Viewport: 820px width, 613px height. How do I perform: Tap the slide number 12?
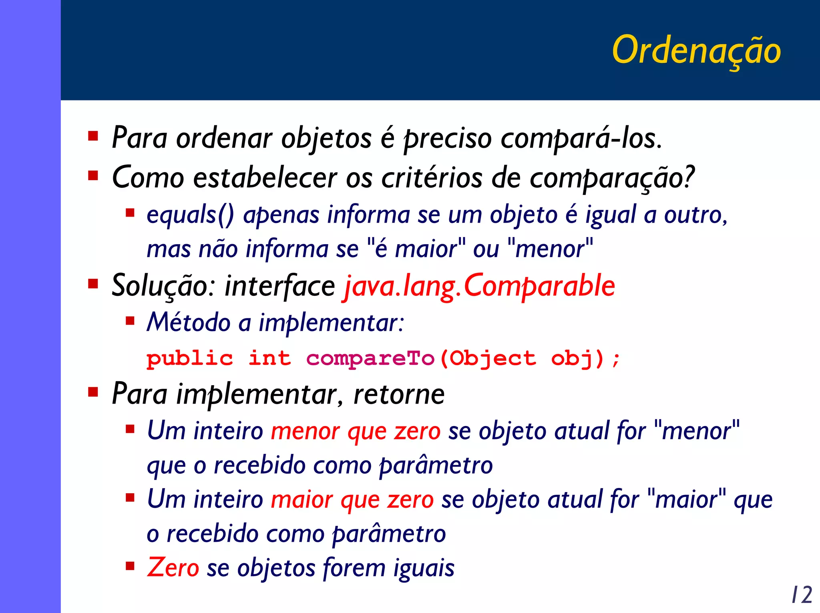coord(802,595)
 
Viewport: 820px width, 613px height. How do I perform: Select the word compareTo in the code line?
coord(370,358)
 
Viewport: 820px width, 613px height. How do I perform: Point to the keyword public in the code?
coord(189,358)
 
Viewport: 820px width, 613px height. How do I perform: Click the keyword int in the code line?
coord(269,358)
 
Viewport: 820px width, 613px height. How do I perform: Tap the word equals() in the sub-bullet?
coord(190,215)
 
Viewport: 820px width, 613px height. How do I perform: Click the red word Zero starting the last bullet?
coord(173,568)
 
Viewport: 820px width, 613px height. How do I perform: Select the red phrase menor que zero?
coord(356,432)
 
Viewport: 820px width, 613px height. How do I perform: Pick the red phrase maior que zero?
coord(352,500)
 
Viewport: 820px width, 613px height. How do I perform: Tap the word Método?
coord(188,322)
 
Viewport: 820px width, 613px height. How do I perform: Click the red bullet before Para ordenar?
coord(93,136)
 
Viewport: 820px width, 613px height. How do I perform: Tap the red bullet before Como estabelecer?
coord(93,175)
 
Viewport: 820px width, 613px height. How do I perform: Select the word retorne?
coord(399,394)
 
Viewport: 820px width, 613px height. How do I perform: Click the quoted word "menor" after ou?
coord(550,249)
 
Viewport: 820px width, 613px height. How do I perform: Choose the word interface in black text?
coord(279,286)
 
